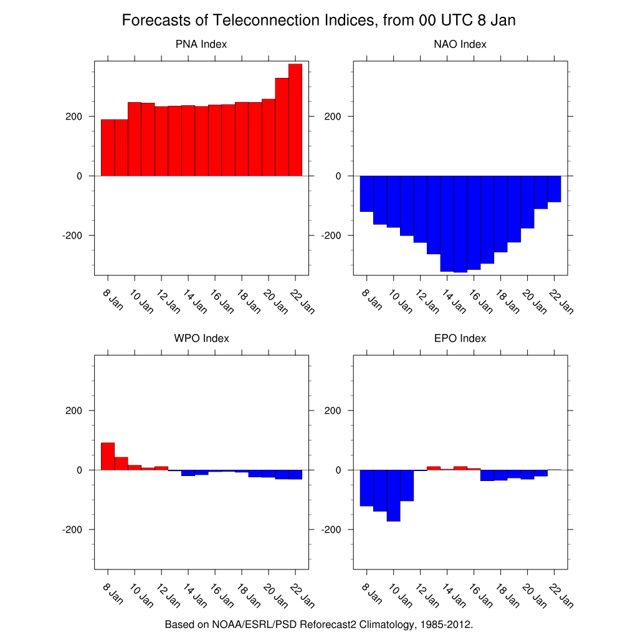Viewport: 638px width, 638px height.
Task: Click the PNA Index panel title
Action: click(201, 44)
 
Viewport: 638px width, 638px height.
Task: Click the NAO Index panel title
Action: click(460, 44)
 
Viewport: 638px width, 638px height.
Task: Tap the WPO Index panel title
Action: click(201, 338)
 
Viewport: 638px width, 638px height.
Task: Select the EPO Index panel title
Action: click(460, 338)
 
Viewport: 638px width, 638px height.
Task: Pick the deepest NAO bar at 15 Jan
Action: click(460, 224)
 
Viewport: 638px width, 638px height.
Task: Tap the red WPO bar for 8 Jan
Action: click(108, 456)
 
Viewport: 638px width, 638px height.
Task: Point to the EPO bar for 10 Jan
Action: click(393, 495)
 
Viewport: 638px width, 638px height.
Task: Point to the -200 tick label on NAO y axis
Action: click(332, 236)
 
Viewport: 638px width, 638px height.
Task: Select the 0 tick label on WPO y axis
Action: click(80, 470)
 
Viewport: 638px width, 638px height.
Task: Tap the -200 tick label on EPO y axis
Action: click(332, 530)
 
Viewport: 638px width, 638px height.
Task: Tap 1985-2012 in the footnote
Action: click(446, 624)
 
